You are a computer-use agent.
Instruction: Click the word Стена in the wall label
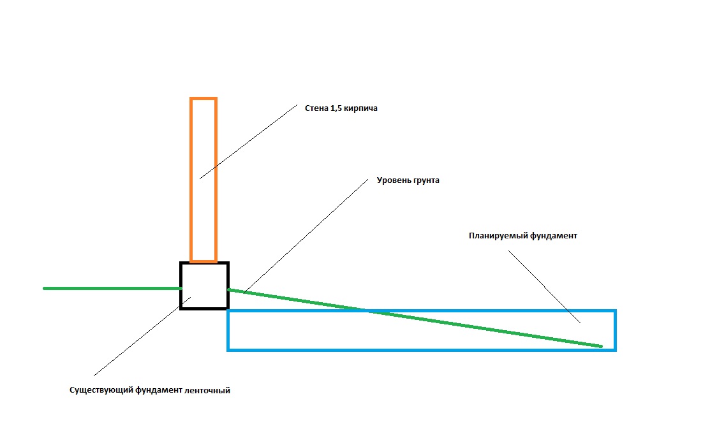(x=316, y=108)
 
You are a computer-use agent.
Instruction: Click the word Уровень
(x=393, y=180)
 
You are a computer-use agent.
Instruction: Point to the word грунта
(x=425, y=181)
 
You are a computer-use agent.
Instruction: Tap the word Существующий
(x=101, y=391)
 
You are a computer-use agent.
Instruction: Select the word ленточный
(x=207, y=391)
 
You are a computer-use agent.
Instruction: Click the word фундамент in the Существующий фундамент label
(x=158, y=391)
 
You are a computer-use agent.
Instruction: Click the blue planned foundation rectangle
(x=421, y=349)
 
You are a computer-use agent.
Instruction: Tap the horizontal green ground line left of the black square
(x=112, y=288)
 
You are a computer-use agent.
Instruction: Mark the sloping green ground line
(x=415, y=318)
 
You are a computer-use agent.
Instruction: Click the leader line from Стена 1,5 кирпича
(x=248, y=142)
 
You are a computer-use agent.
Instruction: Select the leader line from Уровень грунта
(x=306, y=236)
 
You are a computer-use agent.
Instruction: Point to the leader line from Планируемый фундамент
(x=544, y=287)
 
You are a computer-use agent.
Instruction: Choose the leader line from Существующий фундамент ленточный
(x=142, y=336)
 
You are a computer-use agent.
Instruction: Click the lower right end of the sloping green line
(x=602, y=347)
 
